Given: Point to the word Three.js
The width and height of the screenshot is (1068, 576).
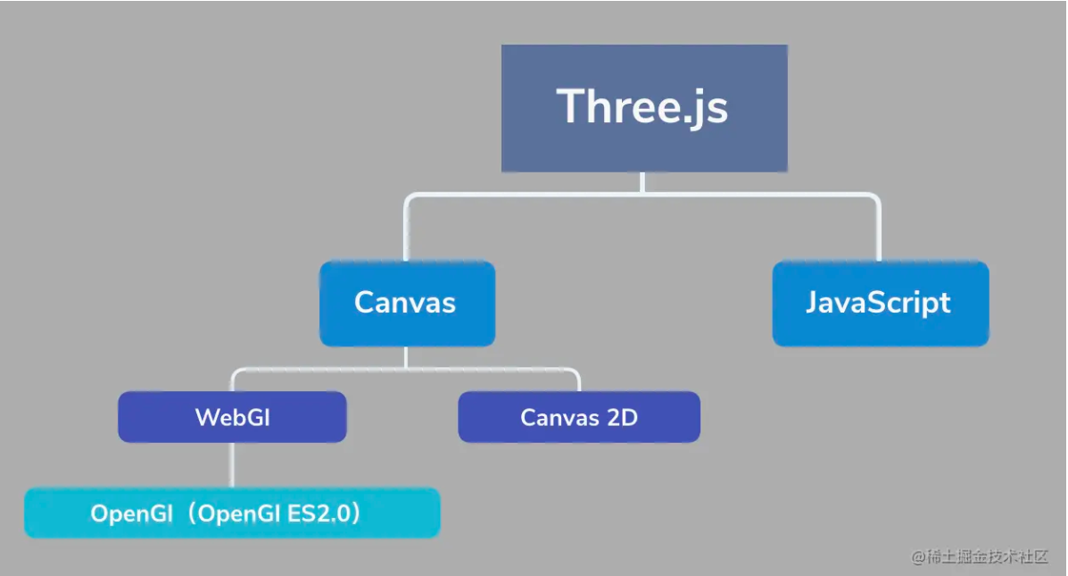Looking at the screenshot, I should point(643,107).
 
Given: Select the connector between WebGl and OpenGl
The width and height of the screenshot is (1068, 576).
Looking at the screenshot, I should point(233,464).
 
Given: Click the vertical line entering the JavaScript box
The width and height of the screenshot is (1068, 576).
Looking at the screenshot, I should point(879,232).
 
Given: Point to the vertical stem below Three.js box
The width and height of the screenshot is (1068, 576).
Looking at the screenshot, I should point(642,181).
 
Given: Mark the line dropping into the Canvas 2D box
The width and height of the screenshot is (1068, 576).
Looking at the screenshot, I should point(578,381).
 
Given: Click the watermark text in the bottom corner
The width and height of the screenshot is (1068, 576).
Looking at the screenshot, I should point(979,556).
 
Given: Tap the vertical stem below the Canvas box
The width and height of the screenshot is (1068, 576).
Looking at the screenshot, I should point(406,356).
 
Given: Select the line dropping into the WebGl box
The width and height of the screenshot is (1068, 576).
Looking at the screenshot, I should point(234,381).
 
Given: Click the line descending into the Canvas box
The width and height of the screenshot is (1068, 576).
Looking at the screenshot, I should point(406,232).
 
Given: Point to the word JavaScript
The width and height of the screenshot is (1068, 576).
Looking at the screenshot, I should point(879,303).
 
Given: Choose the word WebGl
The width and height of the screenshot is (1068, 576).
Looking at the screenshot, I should point(232,417).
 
